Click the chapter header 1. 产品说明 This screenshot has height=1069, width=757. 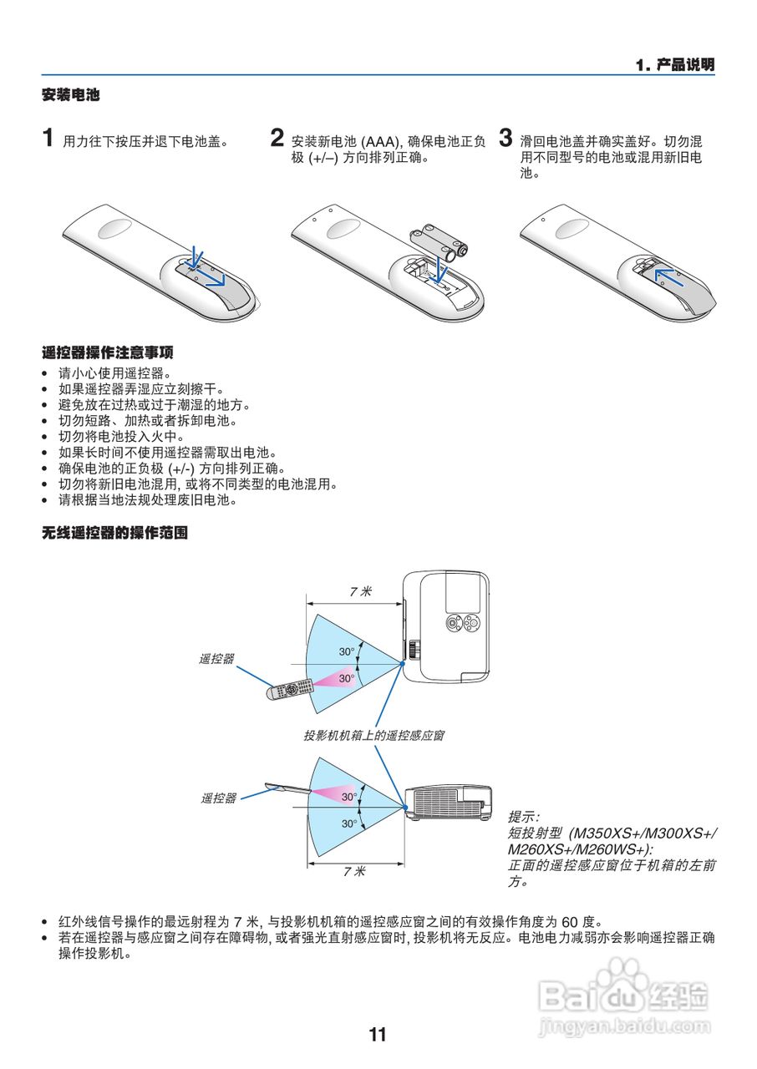674,65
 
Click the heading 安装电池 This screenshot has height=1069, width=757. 71,95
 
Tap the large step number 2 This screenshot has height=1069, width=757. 277,138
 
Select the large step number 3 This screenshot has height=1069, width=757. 505,138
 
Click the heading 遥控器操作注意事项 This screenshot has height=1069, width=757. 107,352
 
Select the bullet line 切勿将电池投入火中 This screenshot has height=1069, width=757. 120,436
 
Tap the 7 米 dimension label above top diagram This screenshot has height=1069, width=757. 360,591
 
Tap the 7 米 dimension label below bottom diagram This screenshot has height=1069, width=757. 354,871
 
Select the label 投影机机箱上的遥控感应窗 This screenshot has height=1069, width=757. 373,736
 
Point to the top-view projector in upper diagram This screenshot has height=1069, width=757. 445,626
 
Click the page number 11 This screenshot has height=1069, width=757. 378,1034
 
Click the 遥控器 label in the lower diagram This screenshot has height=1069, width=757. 218,798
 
